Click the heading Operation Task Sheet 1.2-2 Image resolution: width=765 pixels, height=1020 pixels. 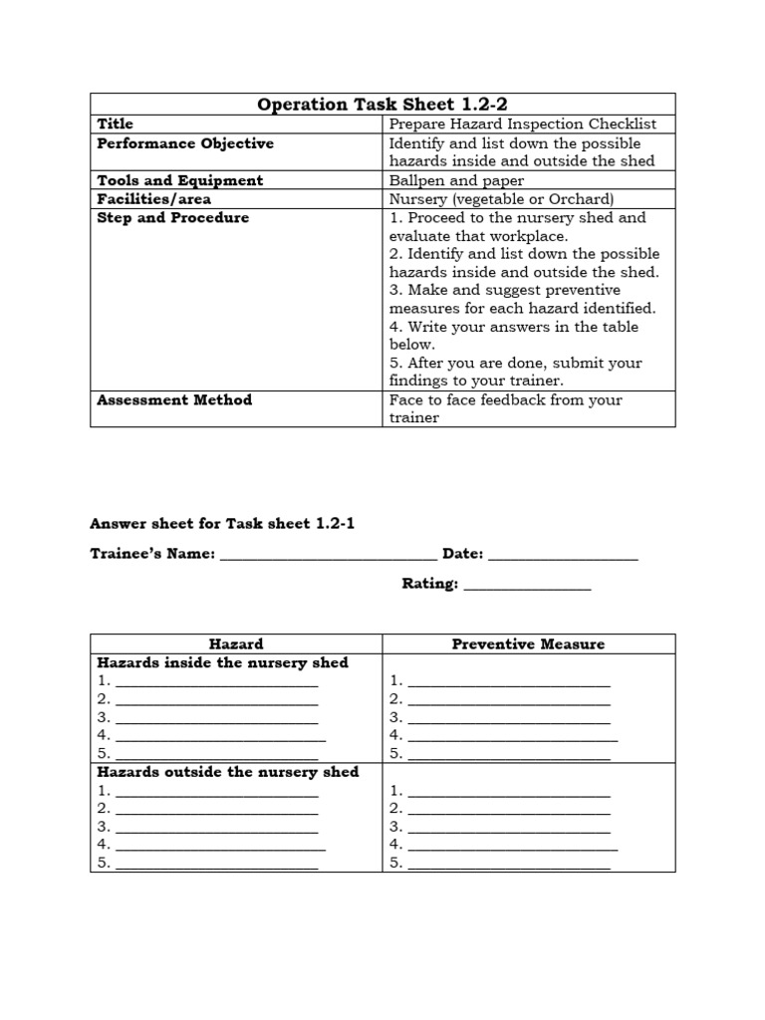[x=382, y=105]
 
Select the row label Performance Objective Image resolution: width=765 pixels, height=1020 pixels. [x=185, y=143]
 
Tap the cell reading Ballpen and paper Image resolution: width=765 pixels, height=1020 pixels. [x=456, y=180]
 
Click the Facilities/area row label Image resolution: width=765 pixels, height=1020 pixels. [x=153, y=199]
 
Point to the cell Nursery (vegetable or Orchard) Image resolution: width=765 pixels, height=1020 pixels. [x=502, y=199]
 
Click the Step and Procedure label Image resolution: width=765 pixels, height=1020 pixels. [x=173, y=217]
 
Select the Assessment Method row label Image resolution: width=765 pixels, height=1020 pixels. [x=174, y=400]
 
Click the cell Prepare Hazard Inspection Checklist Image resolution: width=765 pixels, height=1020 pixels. [x=522, y=125]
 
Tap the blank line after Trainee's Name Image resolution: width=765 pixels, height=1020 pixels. [x=328, y=555]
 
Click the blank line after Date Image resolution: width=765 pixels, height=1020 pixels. [x=563, y=555]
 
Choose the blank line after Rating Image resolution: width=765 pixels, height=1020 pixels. [x=527, y=586]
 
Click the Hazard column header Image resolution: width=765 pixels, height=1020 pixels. [x=236, y=644]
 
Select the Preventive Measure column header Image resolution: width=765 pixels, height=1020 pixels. [x=528, y=644]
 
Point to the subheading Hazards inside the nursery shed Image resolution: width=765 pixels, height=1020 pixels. [x=222, y=662]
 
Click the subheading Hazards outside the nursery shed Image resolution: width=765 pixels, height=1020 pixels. [x=227, y=772]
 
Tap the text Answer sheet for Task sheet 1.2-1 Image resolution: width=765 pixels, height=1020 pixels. [x=222, y=524]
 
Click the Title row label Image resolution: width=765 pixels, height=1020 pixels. [x=115, y=125]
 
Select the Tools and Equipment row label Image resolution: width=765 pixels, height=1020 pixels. [x=180, y=180]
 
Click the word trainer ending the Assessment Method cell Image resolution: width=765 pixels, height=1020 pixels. [x=413, y=418]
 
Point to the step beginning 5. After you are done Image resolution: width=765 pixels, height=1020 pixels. [x=515, y=364]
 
